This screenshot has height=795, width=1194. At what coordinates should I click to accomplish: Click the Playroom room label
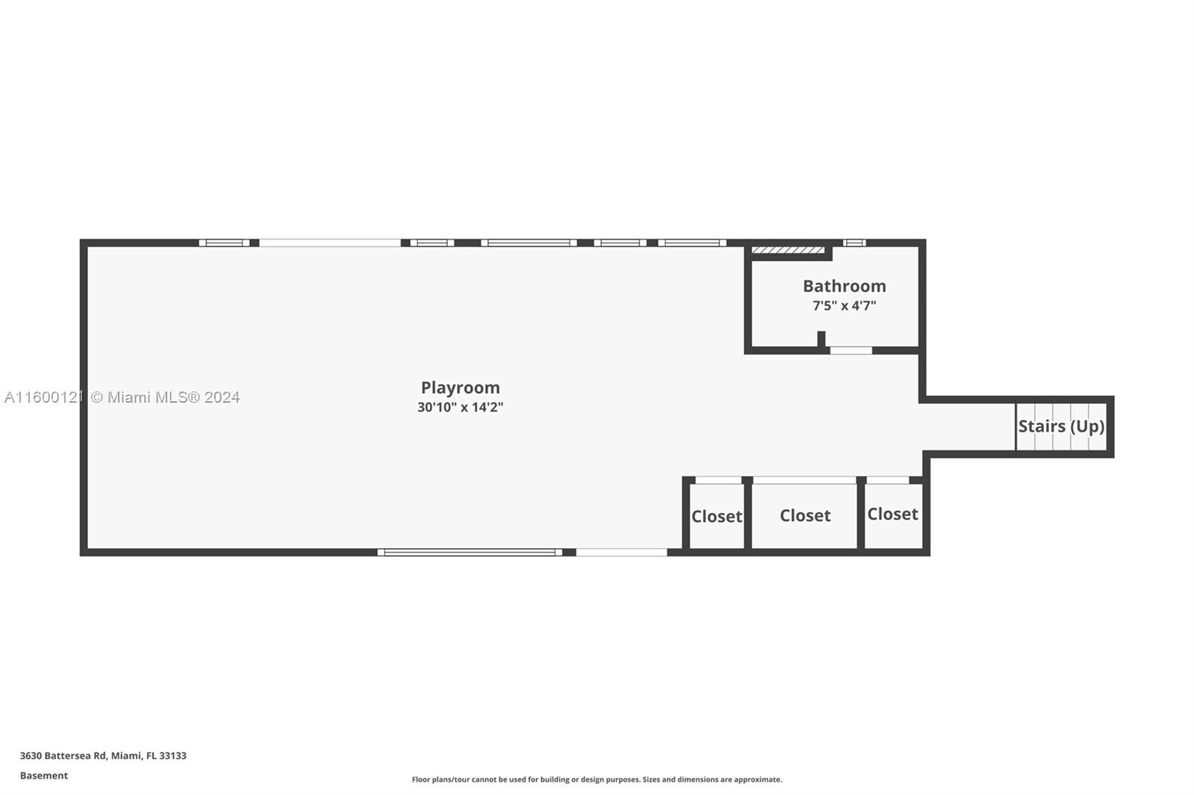click(x=460, y=388)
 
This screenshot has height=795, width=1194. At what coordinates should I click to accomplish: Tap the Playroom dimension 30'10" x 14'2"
click(x=460, y=407)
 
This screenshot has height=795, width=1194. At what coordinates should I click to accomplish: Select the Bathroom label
click(x=844, y=286)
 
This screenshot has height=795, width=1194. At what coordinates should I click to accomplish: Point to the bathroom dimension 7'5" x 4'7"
click(x=844, y=306)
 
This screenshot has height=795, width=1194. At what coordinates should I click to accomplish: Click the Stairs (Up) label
click(x=1061, y=427)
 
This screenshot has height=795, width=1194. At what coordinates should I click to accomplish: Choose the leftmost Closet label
click(x=716, y=516)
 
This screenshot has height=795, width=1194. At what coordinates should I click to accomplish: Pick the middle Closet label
click(x=804, y=515)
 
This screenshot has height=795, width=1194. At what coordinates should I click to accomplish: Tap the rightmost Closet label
click(x=892, y=514)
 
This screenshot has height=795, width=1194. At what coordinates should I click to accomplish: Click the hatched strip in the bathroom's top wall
click(x=788, y=250)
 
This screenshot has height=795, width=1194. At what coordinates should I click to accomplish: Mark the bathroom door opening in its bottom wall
click(x=851, y=350)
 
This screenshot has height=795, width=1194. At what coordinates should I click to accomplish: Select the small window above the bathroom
click(x=854, y=242)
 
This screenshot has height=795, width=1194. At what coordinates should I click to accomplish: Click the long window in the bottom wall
click(x=469, y=553)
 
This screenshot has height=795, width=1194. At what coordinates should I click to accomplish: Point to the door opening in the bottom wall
click(x=621, y=553)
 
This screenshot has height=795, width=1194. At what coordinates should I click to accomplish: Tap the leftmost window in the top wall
click(x=224, y=242)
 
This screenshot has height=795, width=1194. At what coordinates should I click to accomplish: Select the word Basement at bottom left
click(x=44, y=776)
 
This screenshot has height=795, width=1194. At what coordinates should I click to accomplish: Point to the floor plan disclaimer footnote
click(x=597, y=779)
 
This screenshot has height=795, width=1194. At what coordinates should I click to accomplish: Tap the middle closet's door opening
click(x=804, y=480)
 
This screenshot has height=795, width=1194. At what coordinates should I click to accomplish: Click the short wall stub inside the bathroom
click(x=821, y=339)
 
